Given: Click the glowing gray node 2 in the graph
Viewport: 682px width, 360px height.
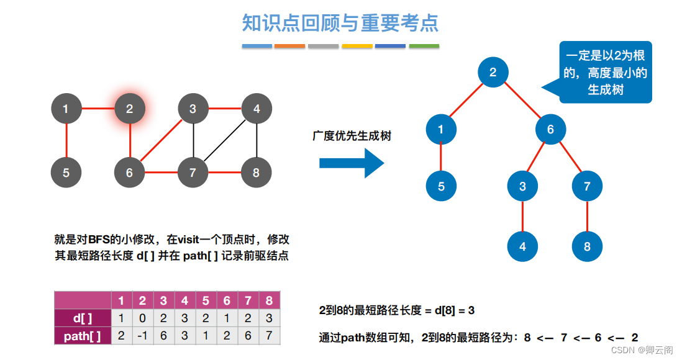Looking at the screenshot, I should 129,109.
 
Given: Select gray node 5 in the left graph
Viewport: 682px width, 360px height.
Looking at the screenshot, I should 66,173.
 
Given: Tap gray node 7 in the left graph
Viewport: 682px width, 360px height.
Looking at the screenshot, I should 193,173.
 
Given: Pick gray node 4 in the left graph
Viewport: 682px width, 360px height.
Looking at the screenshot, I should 257,109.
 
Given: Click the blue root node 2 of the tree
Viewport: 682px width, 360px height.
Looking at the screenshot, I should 493,72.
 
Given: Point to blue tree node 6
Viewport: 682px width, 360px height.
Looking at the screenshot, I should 550,130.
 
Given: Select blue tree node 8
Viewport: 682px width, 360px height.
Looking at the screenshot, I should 587,246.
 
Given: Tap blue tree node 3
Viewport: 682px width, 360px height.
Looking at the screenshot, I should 522,186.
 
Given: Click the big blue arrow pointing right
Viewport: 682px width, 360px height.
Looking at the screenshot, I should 352,163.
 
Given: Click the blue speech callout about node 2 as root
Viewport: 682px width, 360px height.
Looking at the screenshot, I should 605,73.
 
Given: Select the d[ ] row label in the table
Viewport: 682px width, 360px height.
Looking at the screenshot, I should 83,318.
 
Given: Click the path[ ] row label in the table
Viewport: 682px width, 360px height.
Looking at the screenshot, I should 83,336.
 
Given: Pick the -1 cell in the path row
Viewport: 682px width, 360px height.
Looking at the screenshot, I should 142,336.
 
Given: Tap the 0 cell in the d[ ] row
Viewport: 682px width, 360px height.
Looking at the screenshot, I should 142,318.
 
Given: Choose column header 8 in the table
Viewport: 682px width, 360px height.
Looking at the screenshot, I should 269,301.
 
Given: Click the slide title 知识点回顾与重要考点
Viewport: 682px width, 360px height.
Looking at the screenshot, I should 340,23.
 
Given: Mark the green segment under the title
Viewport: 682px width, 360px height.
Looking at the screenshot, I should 424,46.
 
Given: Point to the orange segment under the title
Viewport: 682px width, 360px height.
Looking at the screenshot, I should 290,46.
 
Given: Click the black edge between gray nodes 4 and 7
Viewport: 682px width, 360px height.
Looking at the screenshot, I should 225,141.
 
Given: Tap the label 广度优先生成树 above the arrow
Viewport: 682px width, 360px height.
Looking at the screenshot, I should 352,136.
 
